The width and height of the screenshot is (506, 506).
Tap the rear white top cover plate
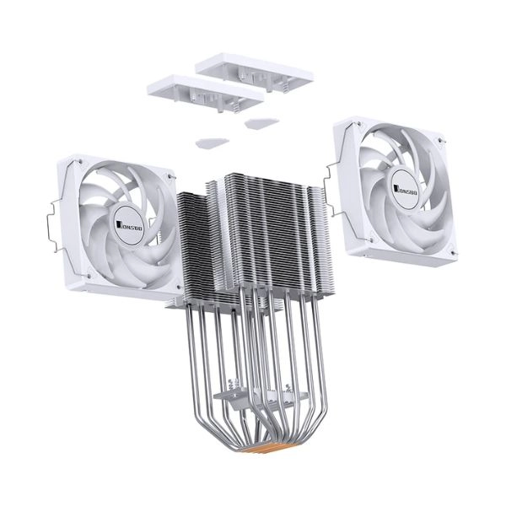click(254, 73)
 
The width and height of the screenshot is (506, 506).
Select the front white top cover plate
click(205, 93)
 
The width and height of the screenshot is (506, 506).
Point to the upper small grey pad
click(261, 123)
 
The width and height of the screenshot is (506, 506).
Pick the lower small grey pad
click(213, 143)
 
